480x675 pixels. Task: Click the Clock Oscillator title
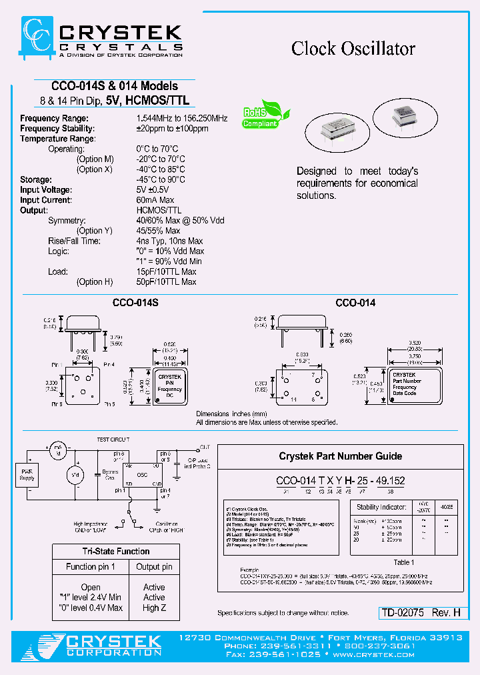coord(353,49)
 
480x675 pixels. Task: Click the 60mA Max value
coord(155,200)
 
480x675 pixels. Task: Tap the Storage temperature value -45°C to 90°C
coord(160,179)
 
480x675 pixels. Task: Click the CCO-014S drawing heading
coord(135,303)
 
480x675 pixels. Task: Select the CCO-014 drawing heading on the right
coord(355,303)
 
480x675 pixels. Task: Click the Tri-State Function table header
coord(116,552)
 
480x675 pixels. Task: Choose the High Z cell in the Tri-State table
coord(154,608)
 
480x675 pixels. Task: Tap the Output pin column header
coord(154,567)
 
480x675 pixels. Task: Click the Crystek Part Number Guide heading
coord(340,456)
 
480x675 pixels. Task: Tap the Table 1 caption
coord(403,562)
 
